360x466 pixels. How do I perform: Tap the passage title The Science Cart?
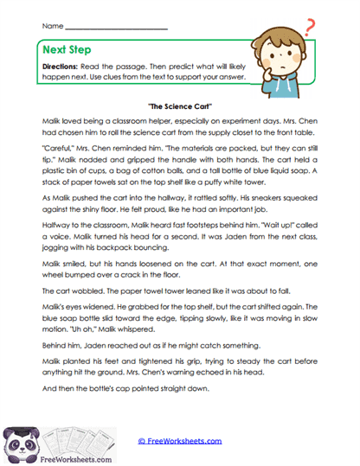click(x=181, y=104)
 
